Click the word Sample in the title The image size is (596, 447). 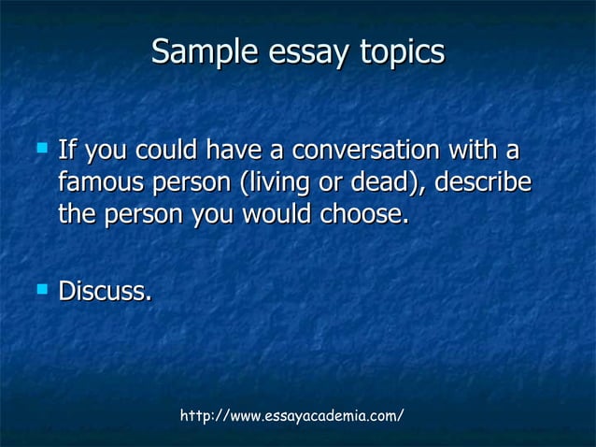(x=193, y=51)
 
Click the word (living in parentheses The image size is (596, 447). (x=275, y=181)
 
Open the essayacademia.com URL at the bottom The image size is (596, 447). (x=291, y=414)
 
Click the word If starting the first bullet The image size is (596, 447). (x=66, y=150)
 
